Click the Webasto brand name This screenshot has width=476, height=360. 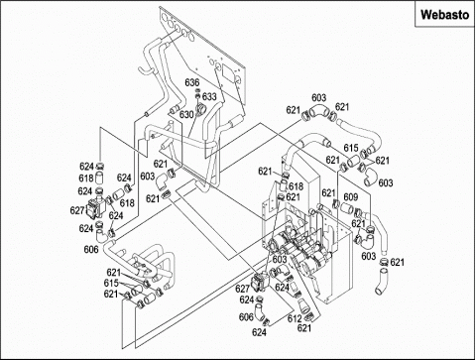tap(444, 15)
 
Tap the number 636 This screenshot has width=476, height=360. tap(192, 82)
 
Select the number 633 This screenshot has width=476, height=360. tap(209, 96)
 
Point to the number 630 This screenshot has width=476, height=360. tap(186, 115)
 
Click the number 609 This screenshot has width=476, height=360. tap(351, 197)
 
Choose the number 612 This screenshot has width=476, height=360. tap(295, 318)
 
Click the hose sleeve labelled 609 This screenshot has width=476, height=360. tap(346, 208)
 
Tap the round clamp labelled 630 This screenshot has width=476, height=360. tap(200, 108)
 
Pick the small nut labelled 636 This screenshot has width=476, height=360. tap(197, 90)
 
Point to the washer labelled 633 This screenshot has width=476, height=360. tap(197, 96)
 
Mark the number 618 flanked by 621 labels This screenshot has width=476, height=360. tap(296, 186)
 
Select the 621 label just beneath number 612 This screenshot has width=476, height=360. tap(304, 328)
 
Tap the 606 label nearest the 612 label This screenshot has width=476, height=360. tap(246, 317)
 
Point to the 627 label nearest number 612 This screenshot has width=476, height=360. tap(243, 289)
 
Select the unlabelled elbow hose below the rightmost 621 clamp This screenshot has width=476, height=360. tap(382, 282)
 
